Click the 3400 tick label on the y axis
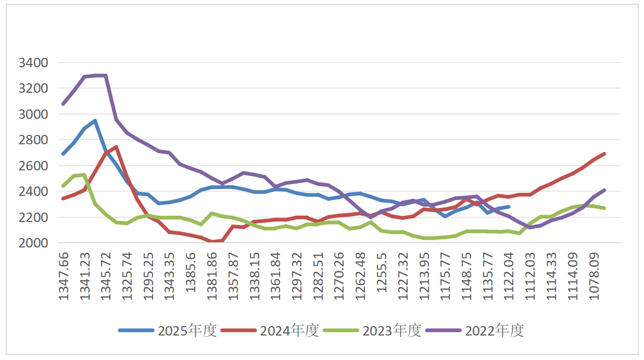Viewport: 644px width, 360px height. click(x=33, y=63)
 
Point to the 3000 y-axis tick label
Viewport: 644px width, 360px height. click(x=33, y=115)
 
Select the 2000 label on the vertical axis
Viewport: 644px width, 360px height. click(x=33, y=243)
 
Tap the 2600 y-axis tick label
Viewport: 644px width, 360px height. click(x=33, y=166)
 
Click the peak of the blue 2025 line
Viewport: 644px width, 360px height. click(x=95, y=121)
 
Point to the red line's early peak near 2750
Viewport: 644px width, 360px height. click(x=116, y=147)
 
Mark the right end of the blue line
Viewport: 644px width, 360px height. click(x=509, y=207)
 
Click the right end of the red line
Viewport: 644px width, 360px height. click(x=604, y=154)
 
